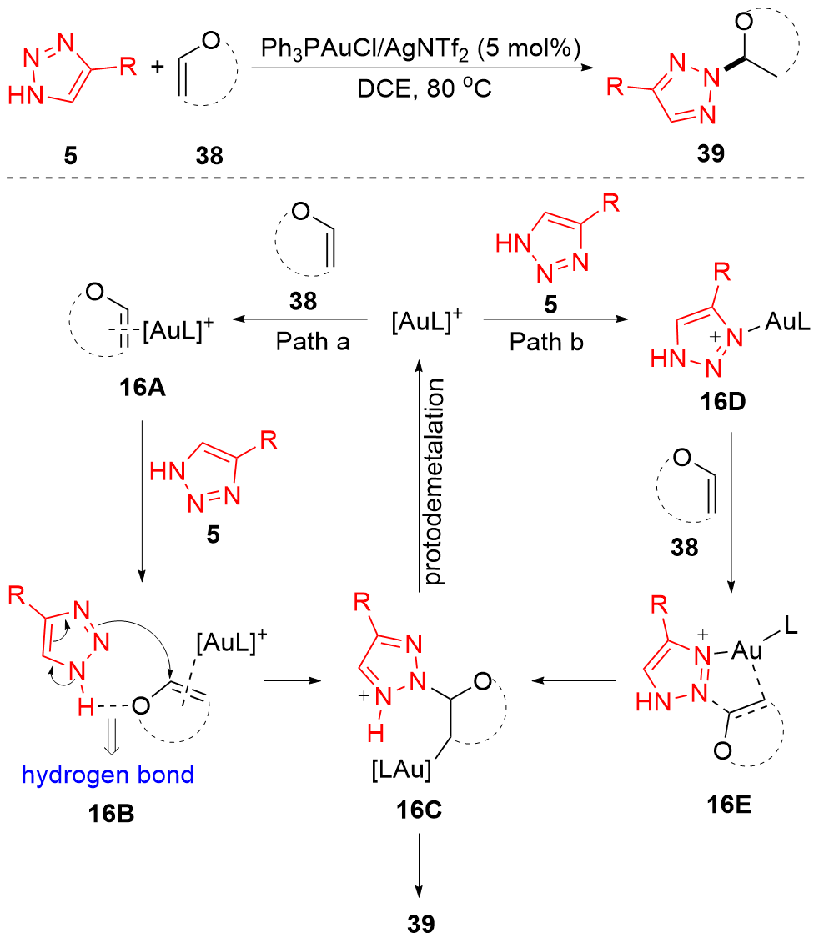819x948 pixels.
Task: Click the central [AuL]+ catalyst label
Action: [425, 319]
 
